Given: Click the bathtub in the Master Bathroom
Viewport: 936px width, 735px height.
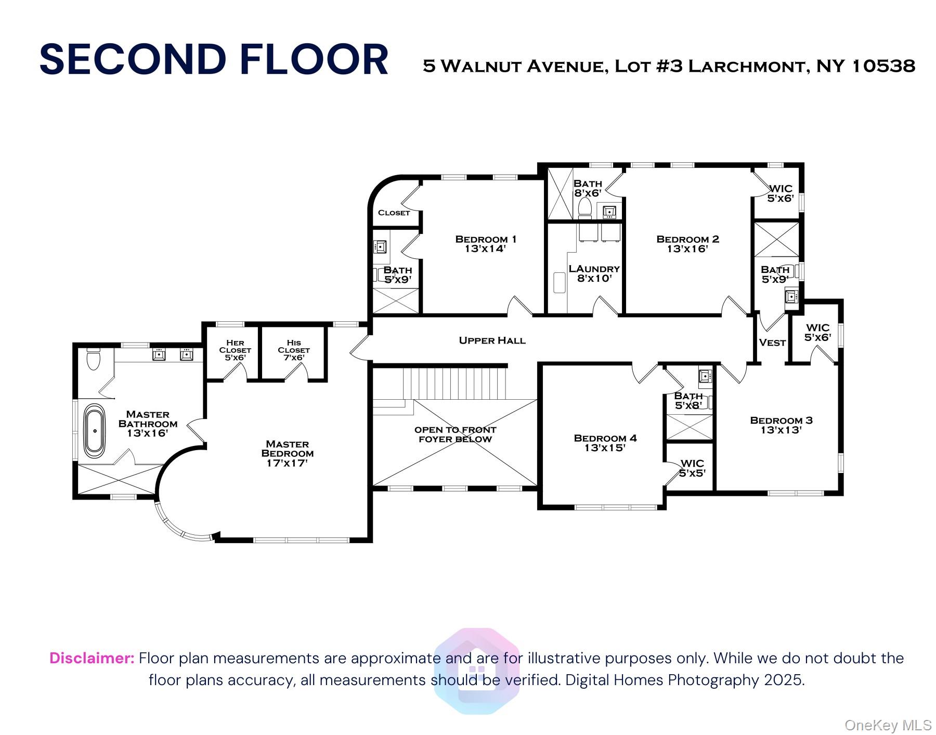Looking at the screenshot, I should (x=95, y=431).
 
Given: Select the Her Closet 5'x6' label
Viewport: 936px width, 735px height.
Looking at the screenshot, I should (x=235, y=350).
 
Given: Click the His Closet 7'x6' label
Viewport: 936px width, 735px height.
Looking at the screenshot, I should (x=294, y=350).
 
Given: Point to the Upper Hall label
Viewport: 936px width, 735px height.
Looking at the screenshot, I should (x=492, y=340).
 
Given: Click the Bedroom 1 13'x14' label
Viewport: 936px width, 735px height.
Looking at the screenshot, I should (x=486, y=244).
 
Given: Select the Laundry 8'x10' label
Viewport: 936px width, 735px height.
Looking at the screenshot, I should (x=594, y=273).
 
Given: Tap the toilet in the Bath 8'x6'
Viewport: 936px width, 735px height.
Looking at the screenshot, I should (x=585, y=207).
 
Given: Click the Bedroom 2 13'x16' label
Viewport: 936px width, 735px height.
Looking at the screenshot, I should (x=687, y=244).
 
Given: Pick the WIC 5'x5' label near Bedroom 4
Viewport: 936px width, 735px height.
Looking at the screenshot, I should (x=692, y=468).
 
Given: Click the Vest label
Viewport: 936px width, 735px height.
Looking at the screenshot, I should (x=772, y=343).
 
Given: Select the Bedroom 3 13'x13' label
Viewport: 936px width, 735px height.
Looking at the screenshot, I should (x=781, y=425).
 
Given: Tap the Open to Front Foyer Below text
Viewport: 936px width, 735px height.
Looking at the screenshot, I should (x=455, y=434).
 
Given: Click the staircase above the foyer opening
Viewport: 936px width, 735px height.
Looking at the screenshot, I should (x=454, y=383).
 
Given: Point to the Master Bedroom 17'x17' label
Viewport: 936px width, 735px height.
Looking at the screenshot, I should (x=287, y=453).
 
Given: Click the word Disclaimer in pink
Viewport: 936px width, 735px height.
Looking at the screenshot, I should (x=92, y=658).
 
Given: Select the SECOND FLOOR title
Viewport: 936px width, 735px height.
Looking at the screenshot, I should (x=214, y=59).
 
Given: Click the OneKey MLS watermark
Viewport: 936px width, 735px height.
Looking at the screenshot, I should (x=888, y=725).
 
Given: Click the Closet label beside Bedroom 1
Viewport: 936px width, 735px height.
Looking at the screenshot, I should (x=394, y=213).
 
